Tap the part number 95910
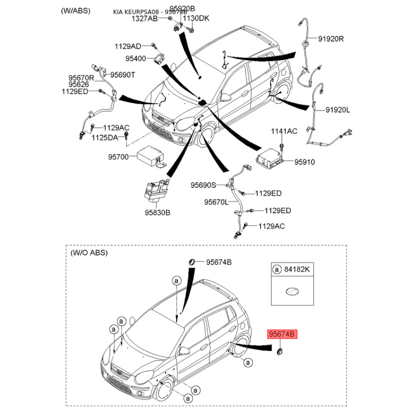tap(304, 162)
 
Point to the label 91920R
tap(331, 39)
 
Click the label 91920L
tap(337, 110)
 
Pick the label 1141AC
tap(284, 132)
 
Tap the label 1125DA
tap(105, 138)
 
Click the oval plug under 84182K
tap(292, 291)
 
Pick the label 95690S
tap(203, 185)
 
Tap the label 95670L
tap(216, 202)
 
